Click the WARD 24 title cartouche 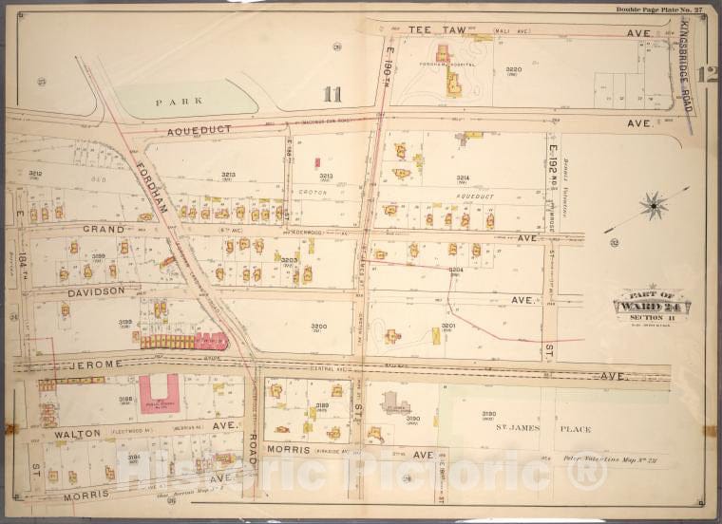(652, 305)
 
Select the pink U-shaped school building (159, 393)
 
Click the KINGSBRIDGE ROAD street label (686, 65)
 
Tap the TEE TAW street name (438, 30)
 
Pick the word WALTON (77, 434)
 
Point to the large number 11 (332, 93)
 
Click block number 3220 (514, 69)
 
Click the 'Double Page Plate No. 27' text (659, 9)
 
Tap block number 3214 (463, 178)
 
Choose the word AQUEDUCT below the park (200, 132)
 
